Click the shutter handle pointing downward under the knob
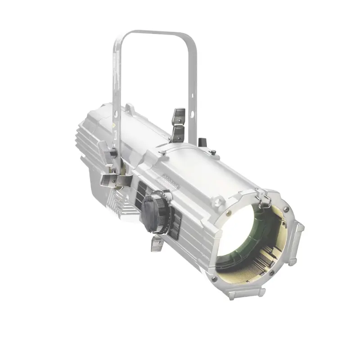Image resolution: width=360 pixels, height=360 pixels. pyautogui.click(x=155, y=243)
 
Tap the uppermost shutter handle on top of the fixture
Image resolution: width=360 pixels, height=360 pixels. pyautogui.click(x=179, y=114)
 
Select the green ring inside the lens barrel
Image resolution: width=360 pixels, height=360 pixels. pyautogui.click(x=263, y=234)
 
